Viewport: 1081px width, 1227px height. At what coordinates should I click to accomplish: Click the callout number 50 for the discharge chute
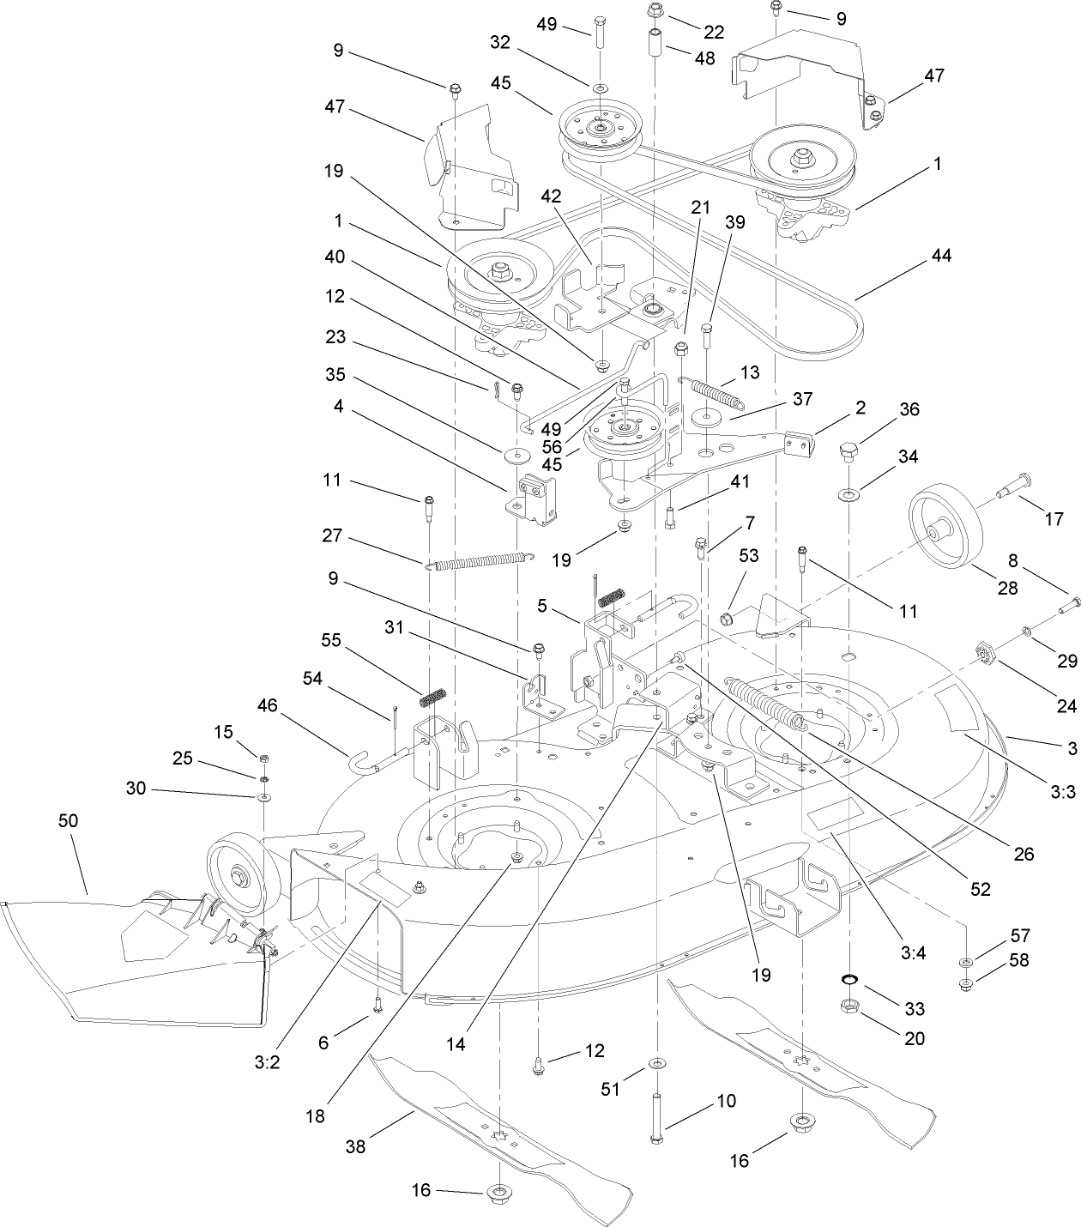68,820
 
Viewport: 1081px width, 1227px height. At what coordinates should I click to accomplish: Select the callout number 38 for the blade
354,1146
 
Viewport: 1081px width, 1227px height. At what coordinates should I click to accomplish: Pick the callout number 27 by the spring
332,536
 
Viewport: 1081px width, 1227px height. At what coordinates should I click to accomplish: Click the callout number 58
1020,960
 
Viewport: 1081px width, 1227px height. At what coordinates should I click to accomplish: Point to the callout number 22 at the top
714,32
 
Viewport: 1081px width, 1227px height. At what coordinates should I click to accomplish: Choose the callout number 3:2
268,1061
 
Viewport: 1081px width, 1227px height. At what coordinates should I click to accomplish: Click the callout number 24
1066,705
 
